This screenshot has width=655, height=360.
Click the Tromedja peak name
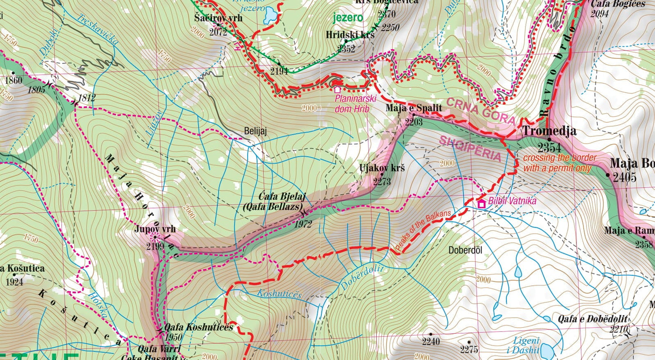click(x=549, y=131)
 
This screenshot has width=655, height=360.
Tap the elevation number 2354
click(x=549, y=147)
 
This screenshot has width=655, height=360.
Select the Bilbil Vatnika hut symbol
click(x=482, y=203)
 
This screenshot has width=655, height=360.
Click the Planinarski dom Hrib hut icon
click(x=337, y=89)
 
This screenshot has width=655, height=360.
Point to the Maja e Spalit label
click(x=414, y=108)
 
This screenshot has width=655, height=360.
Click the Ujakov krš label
click(x=382, y=168)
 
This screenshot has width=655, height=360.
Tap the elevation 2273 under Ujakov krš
click(x=382, y=181)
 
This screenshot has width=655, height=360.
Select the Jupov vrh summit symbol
click(x=155, y=237)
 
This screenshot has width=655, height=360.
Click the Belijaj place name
click(x=255, y=131)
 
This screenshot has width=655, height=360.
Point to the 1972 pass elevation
click(x=303, y=224)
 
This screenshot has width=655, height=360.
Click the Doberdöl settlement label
click(x=465, y=250)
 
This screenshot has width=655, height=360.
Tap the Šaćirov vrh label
click(x=218, y=18)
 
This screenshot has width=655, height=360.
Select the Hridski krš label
click(x=350, y=35)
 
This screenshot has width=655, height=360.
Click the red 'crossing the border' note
click(x=559, y=163)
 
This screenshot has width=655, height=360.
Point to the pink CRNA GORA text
click(x=480, y=111)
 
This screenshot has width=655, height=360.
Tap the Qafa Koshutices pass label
click(x=199, y=327)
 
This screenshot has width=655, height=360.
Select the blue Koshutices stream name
click(x=279, y=294)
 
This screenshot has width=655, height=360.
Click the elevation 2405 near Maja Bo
click(x=624, y=177)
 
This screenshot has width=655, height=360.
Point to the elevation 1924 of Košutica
click(x=14, y=282)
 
